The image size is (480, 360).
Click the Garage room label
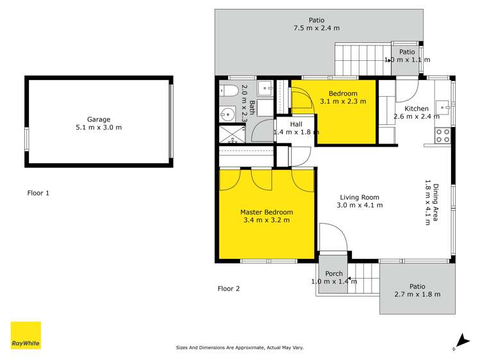tap(99, 119)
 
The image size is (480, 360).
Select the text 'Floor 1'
tap(38, 192)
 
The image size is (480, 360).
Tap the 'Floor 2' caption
tap(228, 288)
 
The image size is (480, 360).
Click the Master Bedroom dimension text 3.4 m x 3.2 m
tap(267, 220)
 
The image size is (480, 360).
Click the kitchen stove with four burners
tap(442, 135)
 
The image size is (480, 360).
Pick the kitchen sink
tap(442, 106)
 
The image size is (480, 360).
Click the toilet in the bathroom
tap(227, 92)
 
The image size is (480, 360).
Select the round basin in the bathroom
tap(227, 114)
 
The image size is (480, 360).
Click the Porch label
tap(333, 274)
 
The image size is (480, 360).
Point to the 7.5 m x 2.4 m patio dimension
tap(316, 28)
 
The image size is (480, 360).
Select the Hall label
tap(295, 124)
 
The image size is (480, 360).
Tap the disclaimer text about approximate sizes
tap(240, 347)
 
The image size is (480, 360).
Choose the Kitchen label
tap(416, 108)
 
